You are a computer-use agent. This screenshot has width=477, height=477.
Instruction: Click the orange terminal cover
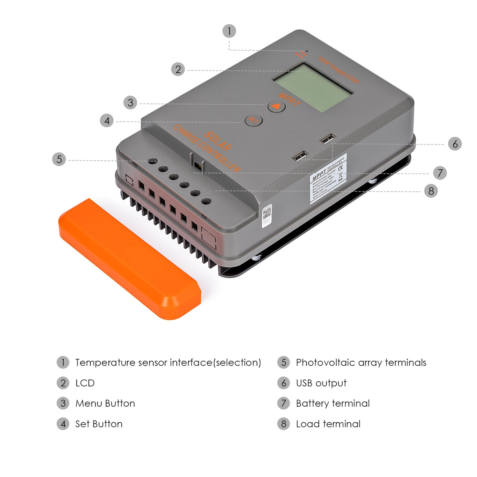[130, 259]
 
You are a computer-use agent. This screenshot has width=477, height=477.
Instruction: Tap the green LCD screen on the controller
[313, 88]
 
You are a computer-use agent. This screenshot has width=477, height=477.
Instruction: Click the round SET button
[253, 120]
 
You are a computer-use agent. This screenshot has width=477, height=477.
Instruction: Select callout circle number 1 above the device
[229, 31]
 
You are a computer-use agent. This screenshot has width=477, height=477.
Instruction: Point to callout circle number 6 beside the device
[455, 144]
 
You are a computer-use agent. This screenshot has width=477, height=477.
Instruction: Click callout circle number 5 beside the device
[59, 159]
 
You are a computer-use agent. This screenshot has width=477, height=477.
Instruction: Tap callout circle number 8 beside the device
[431, 191]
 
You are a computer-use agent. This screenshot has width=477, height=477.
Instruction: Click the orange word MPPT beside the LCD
[289, 99]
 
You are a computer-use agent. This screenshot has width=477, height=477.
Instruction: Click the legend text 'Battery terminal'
[333, 404]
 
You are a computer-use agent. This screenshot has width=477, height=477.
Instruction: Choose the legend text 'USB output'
[321, 383]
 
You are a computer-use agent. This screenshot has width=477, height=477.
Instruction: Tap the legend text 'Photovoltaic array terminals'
[361, 363]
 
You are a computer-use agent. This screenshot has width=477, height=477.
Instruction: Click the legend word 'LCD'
[85, 383]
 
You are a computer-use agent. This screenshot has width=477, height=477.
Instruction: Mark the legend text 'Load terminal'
[328, 424]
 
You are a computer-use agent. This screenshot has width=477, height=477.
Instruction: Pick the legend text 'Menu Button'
[105, 404]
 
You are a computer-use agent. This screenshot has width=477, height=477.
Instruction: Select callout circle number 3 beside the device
[130, 103]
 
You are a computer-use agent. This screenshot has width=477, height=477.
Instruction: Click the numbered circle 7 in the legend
[283, 404]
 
